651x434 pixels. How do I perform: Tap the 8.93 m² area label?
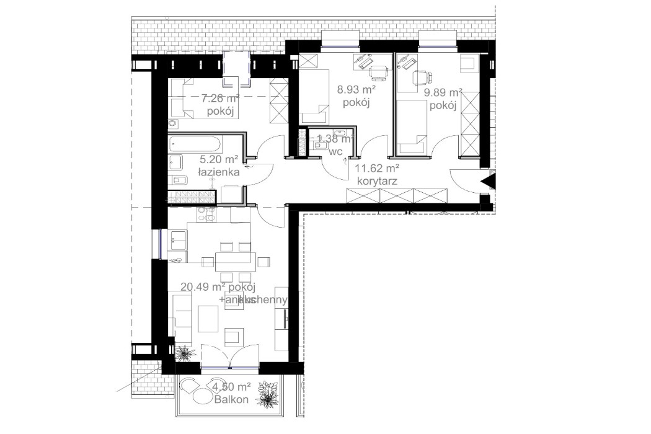pyautogui.click(x=353, y=90)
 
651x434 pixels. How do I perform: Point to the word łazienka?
pyautogui.click(x=218, y=173)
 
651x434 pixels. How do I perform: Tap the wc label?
pyautogui.click(x=336, y=151)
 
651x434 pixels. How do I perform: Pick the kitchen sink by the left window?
pyautogui.click(x=178, y=237)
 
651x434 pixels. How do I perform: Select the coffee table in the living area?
pyautogui.click(x=208, y=319)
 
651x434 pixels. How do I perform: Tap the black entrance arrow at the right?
pyautogui.click(x=487, y=181)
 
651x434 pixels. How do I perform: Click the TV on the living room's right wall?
pyautogui.click(x=285, y=319)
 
